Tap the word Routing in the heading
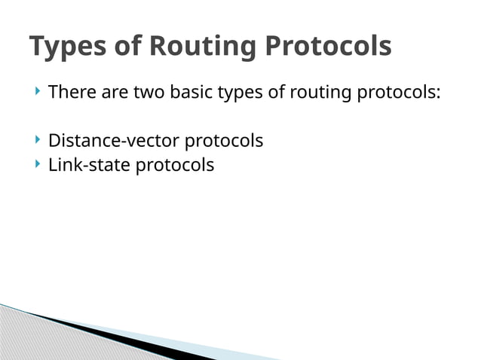pyautogui.click(x=204, y=47)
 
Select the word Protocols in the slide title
pyautogui.click(x=328, y=47)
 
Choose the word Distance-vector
pyautogui.click(x=113, y=141)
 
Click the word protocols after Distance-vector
pyautogui.click(x=224, y=142)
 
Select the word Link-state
pyautogui.click(x=89, y=165)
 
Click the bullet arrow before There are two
pyautogui.click(x=37, y=93)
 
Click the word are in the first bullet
pyautogui.click(x=115, y=94)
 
